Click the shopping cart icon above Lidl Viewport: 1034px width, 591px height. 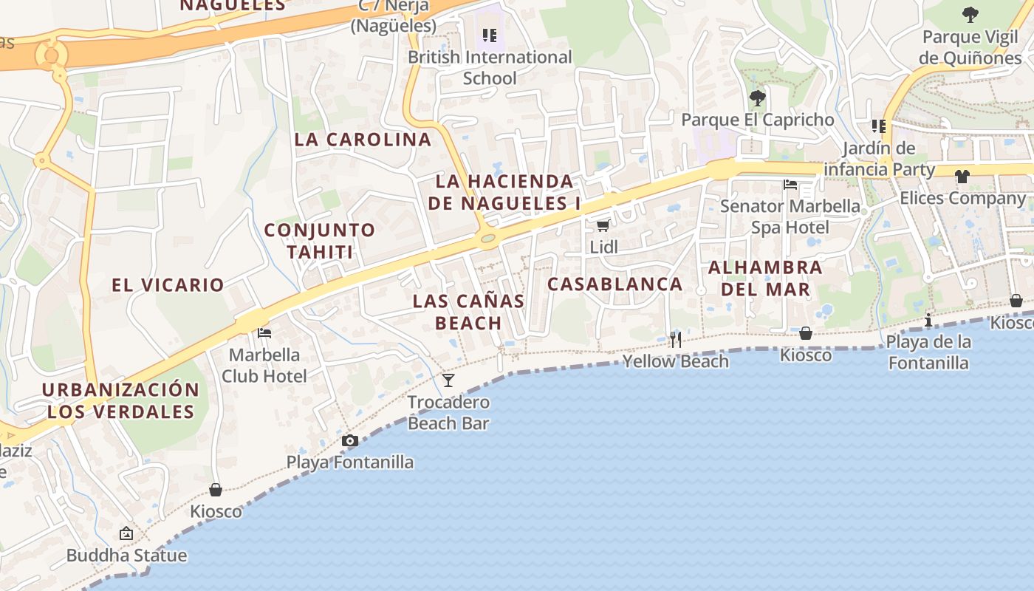click(x=603, y=225)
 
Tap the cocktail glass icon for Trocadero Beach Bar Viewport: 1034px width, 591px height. click(x=448, y=380)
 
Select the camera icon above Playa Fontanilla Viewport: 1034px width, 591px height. click(x=350, y=441)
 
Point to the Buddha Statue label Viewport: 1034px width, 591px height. click(x=126, y=556)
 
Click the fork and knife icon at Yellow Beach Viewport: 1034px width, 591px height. click(x=676, y=340)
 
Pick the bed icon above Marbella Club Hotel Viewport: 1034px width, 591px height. click(x=264, y=333)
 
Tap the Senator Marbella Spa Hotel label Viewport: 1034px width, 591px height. click(x=790, y=216)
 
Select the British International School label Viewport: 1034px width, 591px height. click(x=490, y=67)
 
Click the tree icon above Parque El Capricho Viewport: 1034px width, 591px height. click(x=757, y=98)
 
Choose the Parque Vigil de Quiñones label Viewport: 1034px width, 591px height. click(x=970, y=47)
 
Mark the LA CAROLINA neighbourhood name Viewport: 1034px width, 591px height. click(x=363, y=140)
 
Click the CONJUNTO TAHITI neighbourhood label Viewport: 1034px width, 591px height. click(x=320, y=241)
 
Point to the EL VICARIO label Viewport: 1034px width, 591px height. click(x=168, y=285)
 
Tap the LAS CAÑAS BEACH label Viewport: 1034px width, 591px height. click(x=468, y=312)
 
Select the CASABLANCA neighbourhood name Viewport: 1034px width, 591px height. click(x=615, y=284)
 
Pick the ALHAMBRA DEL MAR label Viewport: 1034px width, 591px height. click(x=765, y=278)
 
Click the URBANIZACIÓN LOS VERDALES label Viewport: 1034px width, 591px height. click(x=120, y=400)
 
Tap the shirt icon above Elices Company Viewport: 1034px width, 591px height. click(x=962, y=177)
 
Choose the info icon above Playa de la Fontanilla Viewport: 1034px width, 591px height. click(x=928, y=320)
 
